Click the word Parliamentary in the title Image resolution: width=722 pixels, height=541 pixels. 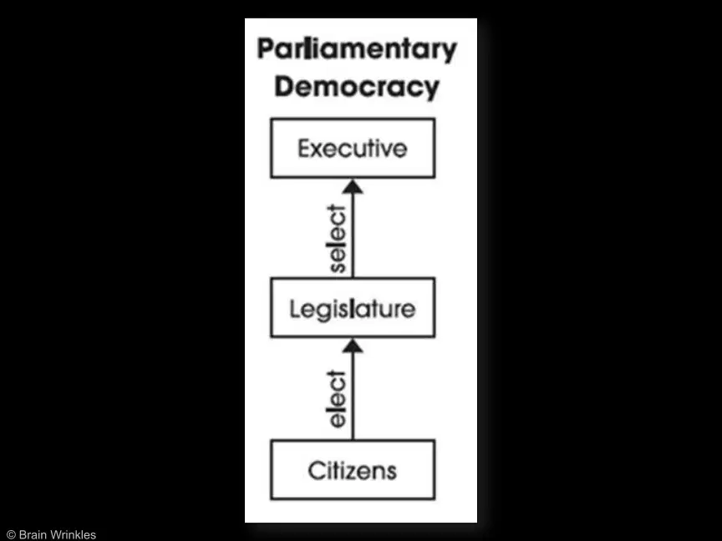(x=357, y=50)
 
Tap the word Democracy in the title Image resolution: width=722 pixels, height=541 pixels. (x=357, y=87)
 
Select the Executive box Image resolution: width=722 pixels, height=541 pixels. (x=353, y=148)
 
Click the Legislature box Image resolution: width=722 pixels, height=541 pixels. (x=353, y=308)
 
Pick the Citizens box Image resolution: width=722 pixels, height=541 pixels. (x=353, y=470)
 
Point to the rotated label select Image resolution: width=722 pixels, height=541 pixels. (x=337, y=239)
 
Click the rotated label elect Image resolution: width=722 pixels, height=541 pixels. (x=337, y=399)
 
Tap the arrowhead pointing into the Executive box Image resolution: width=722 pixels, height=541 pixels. (x=353, y=186)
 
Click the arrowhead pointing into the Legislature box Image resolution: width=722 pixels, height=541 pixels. (x=353, y=346)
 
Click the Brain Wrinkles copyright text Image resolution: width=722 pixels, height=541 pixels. (x=51, y=534)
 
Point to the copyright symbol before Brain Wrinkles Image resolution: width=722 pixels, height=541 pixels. (x=12, y=534)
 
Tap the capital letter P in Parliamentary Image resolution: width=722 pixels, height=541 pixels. (x=266, y=48)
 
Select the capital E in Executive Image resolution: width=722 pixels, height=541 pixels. (x=304, y=149)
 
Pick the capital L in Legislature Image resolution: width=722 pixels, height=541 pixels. (x=295, y=308)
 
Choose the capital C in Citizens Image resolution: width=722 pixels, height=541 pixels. (x=317, y=471)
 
